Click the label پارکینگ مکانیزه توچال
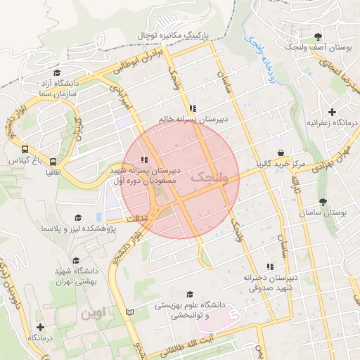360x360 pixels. (x=180, y=33)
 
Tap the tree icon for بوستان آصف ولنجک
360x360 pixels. (x=319, y=34)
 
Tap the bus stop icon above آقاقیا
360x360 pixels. (x=53, y=162)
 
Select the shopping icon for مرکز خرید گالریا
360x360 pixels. (x=281, y=153)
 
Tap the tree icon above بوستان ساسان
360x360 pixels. (x=323, y=202)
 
